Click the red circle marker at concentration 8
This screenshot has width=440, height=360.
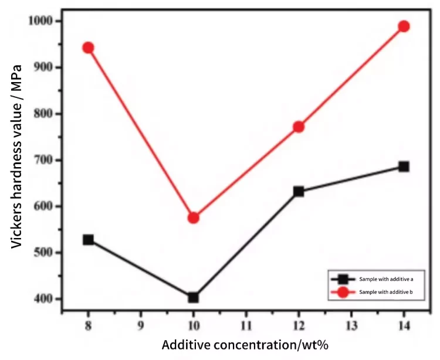(x=88, y=47)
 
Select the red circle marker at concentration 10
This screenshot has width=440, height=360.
(x=194, y=218)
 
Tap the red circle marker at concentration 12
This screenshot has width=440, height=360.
(x=298, y=127)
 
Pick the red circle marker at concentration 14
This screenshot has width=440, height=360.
(x=404, y=26)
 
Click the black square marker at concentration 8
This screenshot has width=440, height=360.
(x=88, y=240)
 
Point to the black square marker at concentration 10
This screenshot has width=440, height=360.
(x=194, y=297)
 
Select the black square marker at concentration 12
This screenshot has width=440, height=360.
(x=298, y=191)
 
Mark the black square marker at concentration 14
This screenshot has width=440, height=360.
(x=404, y=167)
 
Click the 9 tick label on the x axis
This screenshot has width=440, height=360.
(x=141, y=324)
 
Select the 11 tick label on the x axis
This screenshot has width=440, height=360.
(x=246, y=324)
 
